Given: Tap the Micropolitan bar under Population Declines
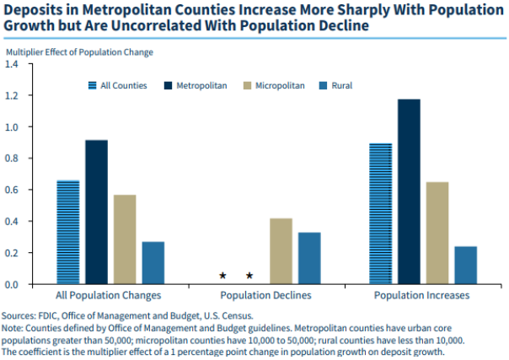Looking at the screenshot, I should pyautogui.click(x=281, y=250).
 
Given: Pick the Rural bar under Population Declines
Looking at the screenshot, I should pyautogui.click(x=309, y=257).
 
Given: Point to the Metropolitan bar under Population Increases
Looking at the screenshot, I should pyautogui.click(x=409, y=191).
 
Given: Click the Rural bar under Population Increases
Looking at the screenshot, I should pyautogui.click(x=466, y=265).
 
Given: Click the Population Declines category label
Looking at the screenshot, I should pyautogui.click(x=266, y=296).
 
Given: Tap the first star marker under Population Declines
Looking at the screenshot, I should pyautogui.click(x=222, y=276).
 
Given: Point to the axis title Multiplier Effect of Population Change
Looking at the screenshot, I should pyautogui.click(x=79, y=52).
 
